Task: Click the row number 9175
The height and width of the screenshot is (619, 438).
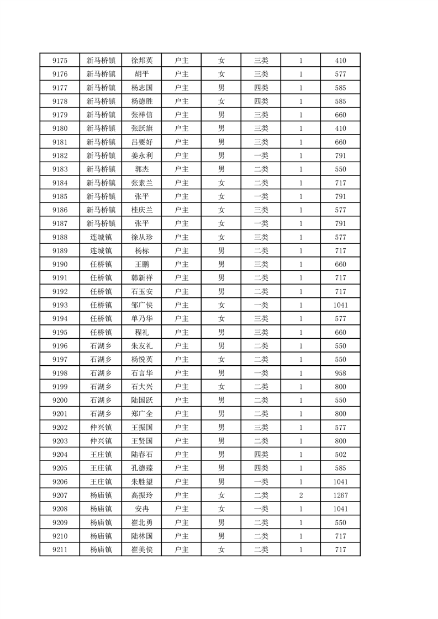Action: pos(60,61)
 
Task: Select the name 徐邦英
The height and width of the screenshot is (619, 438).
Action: pos(141,61)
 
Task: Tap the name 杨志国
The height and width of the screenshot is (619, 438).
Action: pos(141,88)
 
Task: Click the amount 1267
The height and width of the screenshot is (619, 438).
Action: pos(340,495)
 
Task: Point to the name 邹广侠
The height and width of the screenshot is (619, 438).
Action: pos(141,305)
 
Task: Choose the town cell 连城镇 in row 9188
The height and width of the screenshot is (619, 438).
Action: pos(101,237)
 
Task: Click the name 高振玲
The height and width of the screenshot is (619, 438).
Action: pos(141,495)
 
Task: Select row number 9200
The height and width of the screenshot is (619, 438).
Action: pos(60,401)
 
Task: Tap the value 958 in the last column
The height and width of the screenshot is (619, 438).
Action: pos(340,373)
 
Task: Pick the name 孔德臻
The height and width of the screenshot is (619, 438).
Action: pos(141,468)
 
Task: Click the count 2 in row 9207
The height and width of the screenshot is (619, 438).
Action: pos(300,495)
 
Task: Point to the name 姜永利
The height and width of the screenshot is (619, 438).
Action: pos(141,156)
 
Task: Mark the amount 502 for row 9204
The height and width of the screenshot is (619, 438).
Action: pos(340,455)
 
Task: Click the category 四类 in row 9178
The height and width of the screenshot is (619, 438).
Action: pos(261,102)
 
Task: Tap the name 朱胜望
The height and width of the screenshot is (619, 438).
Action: pos(141,482)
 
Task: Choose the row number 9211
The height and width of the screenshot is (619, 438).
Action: pos(60,549)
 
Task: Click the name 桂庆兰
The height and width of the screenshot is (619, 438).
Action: pos(141,210)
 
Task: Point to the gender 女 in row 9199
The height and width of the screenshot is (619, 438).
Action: pos(221,387)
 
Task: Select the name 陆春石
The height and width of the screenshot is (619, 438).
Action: pos(141,455)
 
